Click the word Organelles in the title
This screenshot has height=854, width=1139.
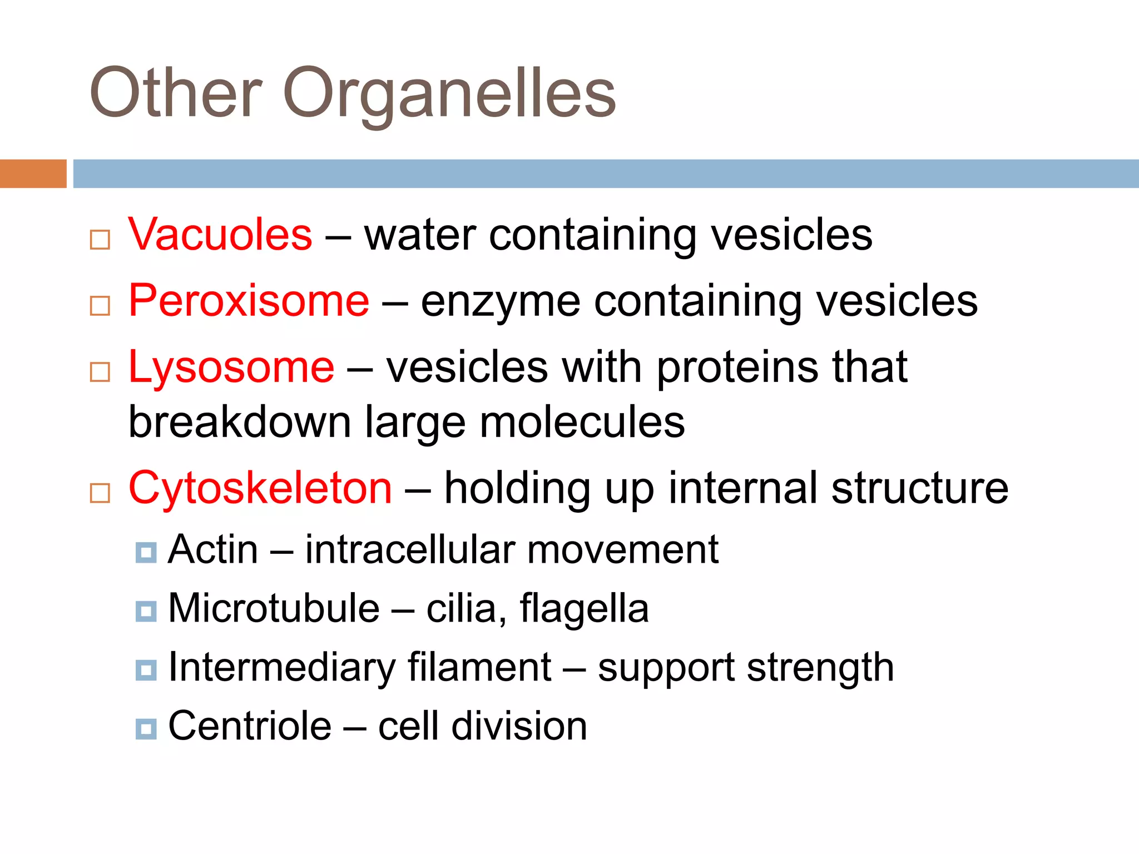click(x=449, y=95)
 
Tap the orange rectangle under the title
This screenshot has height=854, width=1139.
click(x=33, y=173)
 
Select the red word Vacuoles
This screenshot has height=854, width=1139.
click(x=220, y=235)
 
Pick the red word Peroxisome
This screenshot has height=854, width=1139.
click(x=249, y=301)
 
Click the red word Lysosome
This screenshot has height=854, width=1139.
click(x=231, y=367)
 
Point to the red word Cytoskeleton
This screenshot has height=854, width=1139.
click(x=260, y=488)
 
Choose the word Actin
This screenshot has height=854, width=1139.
click(x=213, y=550)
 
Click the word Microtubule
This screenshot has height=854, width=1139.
click(x=274, y=608)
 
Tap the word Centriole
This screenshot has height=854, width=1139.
click(x=250, y=726)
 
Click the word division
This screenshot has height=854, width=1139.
click(x=519, y=726)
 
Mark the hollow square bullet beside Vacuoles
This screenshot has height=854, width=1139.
click(x=100, y=240)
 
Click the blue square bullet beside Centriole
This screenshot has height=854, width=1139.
click(x=146, y=728)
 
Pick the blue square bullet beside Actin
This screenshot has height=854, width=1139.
click(x=146, y=553)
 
